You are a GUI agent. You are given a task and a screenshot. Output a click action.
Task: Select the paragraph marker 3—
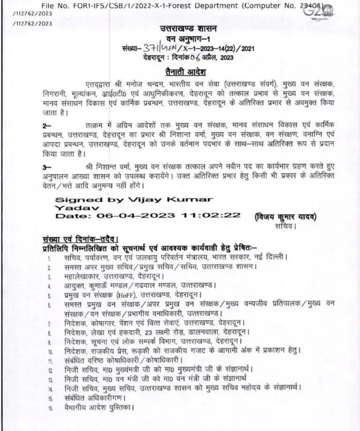pyautogui.click(x=47, y=166)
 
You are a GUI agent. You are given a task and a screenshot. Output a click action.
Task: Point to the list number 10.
pyautogui.click(x=50, y=351)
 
